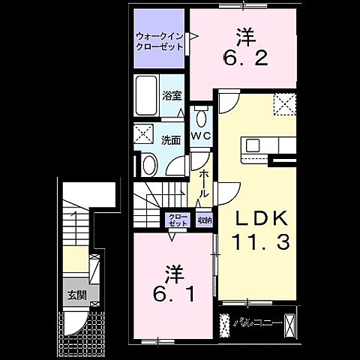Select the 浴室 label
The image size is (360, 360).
coord(171,95)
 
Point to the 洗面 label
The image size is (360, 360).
coord(171,139)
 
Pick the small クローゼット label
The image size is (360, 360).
coord(178,220)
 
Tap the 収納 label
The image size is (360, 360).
coord(205,220)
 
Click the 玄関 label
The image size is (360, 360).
coord(73,293)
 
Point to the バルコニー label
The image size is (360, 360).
coord(256,323)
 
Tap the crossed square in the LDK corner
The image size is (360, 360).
coord(284,104)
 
